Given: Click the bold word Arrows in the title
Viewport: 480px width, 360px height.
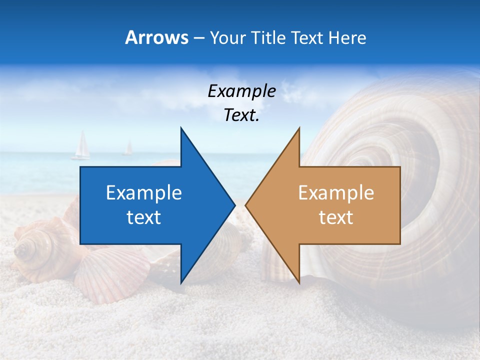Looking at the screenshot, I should tap(156, 37).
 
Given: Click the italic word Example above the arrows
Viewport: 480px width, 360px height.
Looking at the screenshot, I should tap(241, 91).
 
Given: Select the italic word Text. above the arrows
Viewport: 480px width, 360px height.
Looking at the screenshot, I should tap(241, 115).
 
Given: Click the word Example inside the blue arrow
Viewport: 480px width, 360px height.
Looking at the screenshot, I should tap(144, 193).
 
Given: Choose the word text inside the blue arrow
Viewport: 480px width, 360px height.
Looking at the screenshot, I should tap(144, 217).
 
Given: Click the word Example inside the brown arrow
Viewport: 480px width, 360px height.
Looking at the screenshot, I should tap(336, 193).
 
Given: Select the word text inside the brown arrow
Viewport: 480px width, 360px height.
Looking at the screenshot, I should tap(336, 217).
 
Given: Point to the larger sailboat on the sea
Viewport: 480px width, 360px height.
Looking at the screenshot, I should tap(81, 146).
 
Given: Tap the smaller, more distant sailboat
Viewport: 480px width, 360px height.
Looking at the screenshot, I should tap(128, 148).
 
